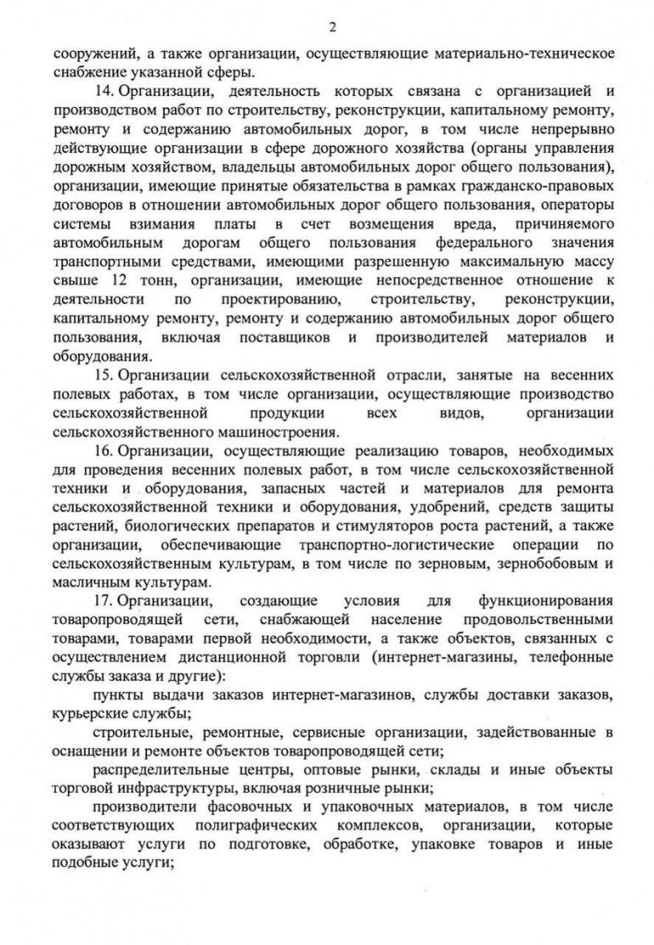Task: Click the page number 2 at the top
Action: (x=332, y=25)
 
